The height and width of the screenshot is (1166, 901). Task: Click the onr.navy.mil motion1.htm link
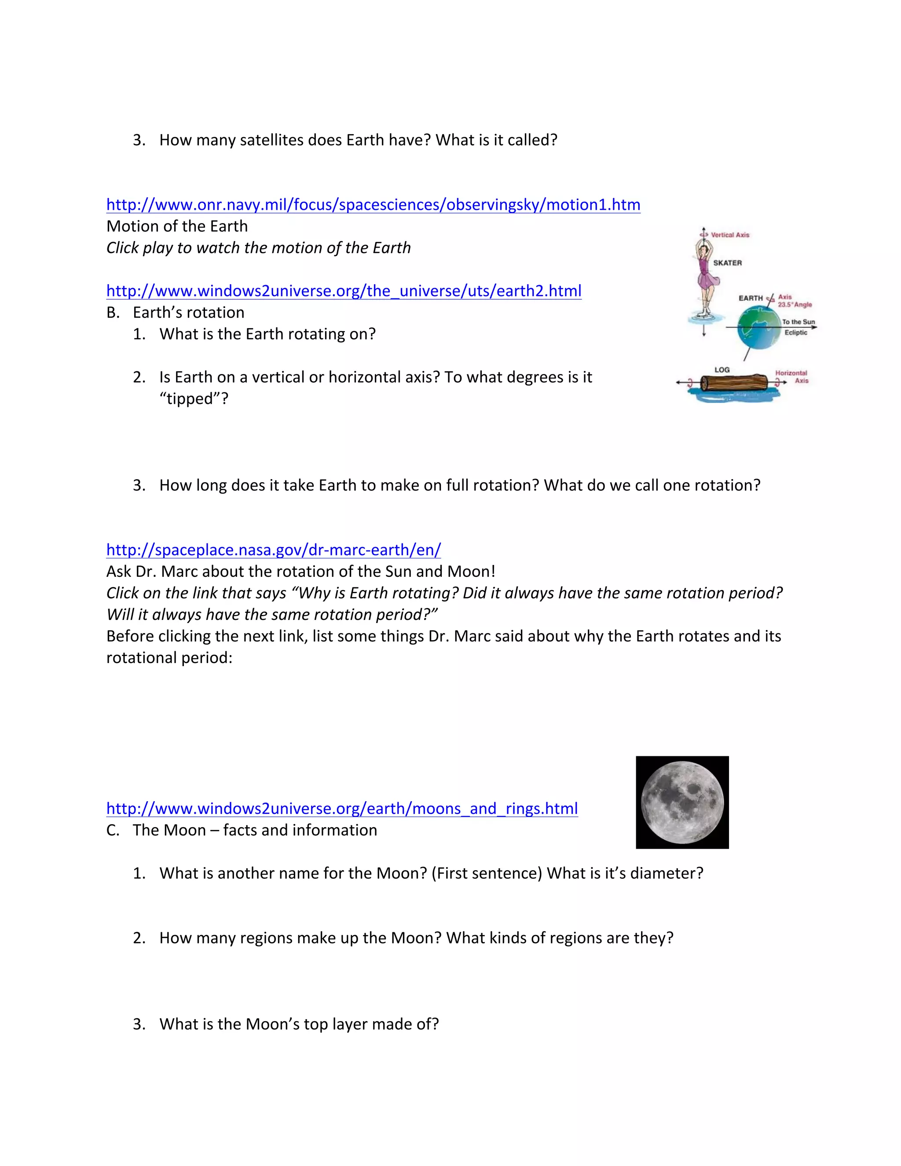coord(373,205)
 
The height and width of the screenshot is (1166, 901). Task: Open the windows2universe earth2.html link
coord(344,291)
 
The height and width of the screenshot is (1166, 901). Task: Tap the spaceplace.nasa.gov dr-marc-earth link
coord(273,550)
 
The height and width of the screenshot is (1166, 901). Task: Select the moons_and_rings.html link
coord(341,808)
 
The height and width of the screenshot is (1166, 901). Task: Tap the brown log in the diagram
coord(734,383)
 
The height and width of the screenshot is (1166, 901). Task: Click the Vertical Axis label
coord(730,235)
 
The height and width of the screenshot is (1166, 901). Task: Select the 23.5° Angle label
coord(795,305)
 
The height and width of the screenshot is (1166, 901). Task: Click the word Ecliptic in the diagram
coord(795,333)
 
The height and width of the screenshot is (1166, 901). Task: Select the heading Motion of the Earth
coord(177,226)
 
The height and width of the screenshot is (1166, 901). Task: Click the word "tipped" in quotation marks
coord(194,399)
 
